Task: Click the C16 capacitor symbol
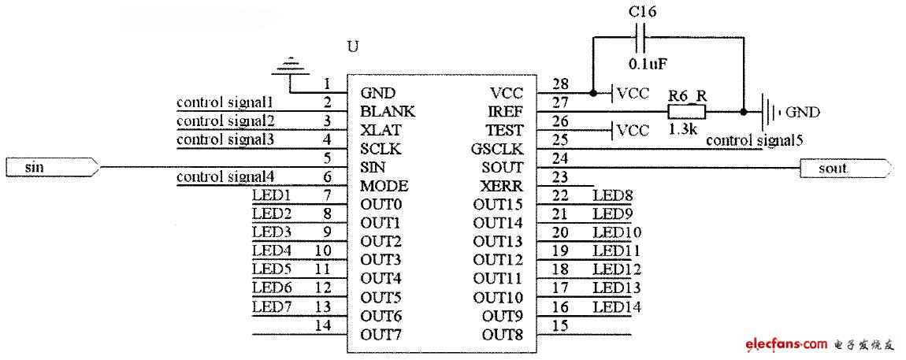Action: point(641,35)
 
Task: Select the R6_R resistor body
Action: point(687,111)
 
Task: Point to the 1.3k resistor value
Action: point(682,129)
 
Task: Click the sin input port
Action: point(52,168)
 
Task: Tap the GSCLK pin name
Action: point(497,149)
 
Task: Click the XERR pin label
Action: point(502,186)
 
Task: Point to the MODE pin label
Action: point(384,186)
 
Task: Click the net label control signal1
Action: point(225,103)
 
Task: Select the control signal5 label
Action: point(754,140)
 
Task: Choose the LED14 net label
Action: point(617,307)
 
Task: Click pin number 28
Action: point(560,84)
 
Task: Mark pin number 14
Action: point(324,325)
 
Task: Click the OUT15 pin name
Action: point(498,204)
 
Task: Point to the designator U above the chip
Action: point(352,46)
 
